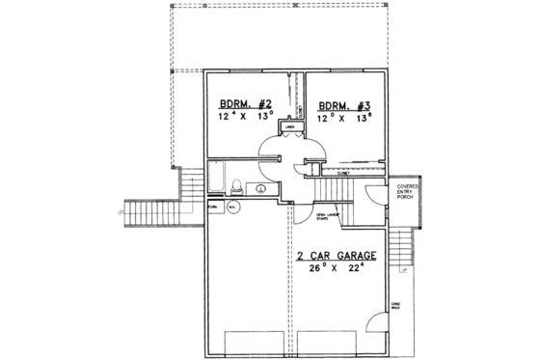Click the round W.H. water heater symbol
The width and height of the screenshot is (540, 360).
[x=231, y=206]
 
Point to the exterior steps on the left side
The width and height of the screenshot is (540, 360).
[x=190, y=187]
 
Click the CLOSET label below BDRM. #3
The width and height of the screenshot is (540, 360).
[x=342, y=174]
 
